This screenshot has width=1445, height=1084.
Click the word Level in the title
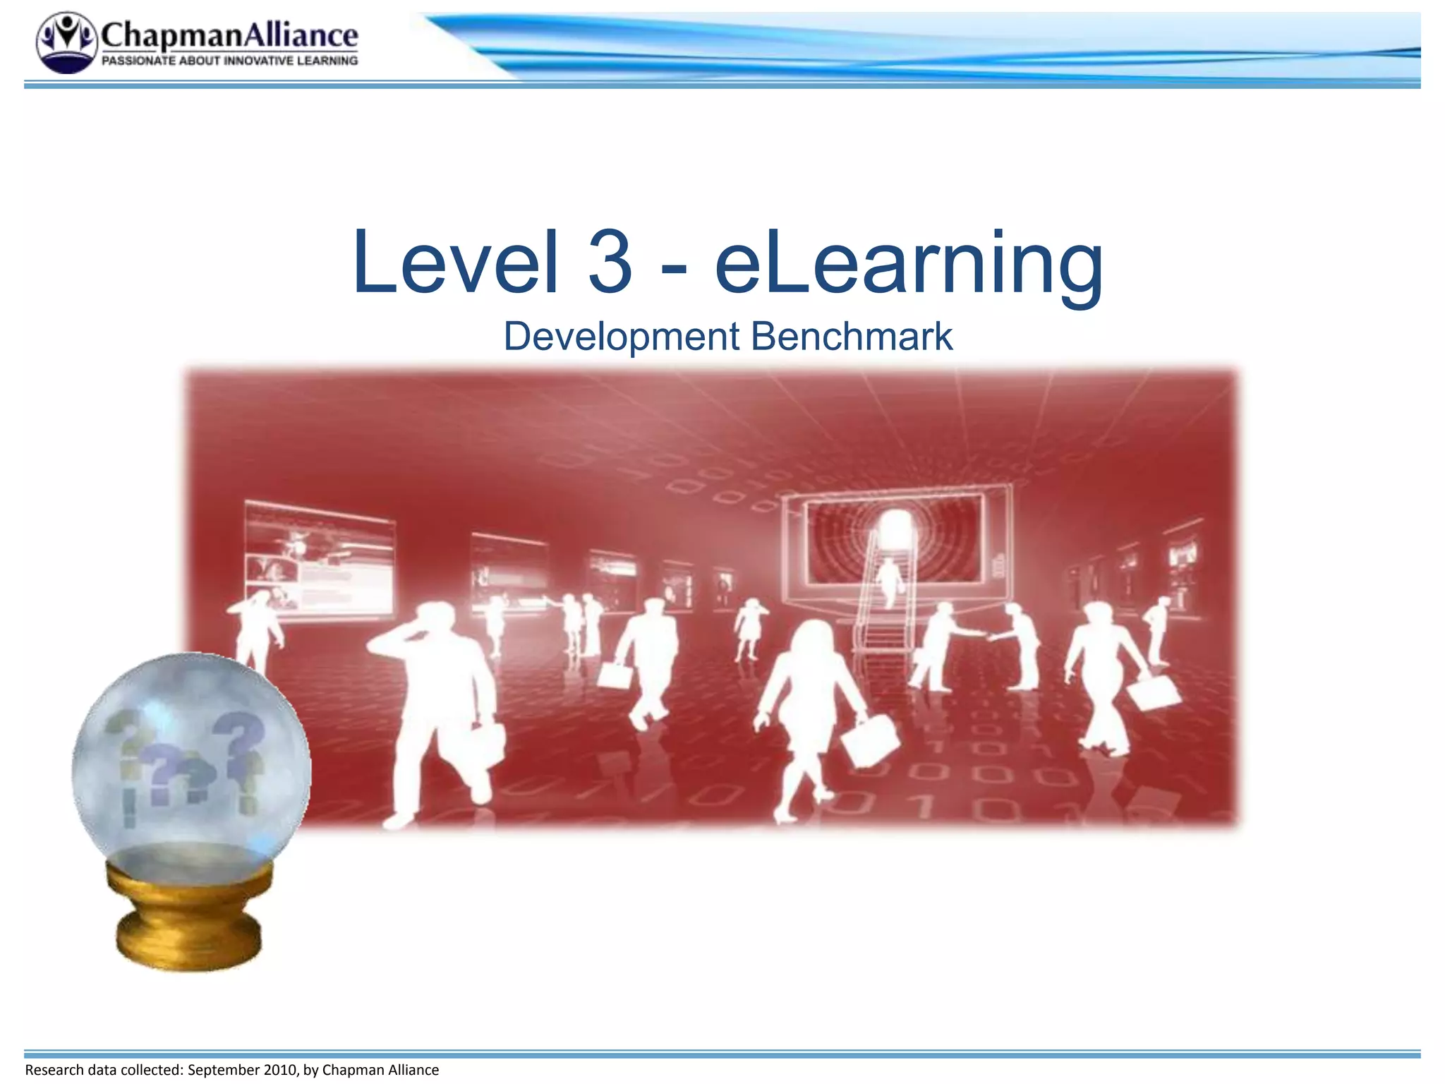point(455,263)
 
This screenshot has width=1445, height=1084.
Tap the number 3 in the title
point(610,263)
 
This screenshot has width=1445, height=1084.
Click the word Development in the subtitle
point(621,337)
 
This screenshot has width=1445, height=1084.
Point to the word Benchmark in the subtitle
point(852,336)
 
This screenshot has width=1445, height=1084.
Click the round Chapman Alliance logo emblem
point(66,42)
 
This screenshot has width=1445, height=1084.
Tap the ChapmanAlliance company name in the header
point(229,35)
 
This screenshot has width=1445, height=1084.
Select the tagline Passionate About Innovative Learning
point(229,61)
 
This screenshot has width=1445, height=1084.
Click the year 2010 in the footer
point(280,1070)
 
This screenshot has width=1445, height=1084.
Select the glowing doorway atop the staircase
point(894,526)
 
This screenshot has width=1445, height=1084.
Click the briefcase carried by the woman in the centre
point(869,741)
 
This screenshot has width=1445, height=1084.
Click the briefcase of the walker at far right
point(1153,692)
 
